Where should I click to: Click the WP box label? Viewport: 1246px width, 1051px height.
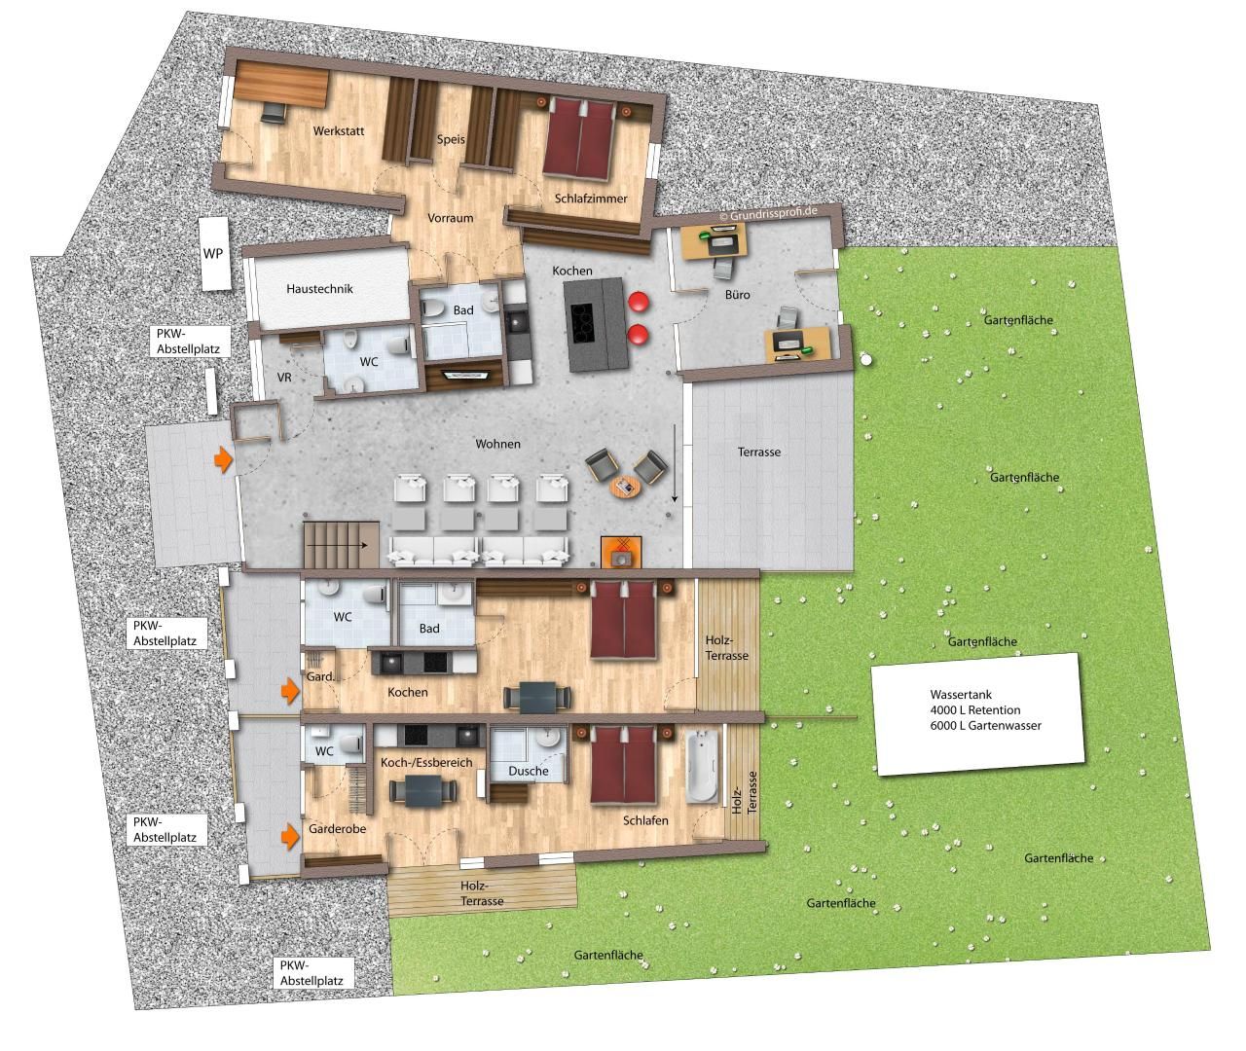(213, 253)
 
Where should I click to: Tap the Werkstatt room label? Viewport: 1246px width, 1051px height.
(339, 130)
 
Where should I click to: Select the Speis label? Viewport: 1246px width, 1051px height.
(451, 139)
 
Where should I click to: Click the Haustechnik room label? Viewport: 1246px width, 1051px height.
(319, 289)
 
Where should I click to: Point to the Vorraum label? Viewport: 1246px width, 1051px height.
(451, 218)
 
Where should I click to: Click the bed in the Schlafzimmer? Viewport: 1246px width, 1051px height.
(579, 139)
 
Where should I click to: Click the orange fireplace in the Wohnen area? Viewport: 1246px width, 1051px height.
(621, 553)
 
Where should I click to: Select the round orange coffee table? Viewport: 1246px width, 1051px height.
(625, 488)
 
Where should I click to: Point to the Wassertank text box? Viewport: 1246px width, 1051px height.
(978, 713)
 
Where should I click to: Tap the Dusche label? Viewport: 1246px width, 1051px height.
(529, 771)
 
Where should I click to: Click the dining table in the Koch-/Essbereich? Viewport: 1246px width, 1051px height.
(423, 791)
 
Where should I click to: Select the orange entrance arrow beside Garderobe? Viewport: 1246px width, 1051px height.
(290, 836)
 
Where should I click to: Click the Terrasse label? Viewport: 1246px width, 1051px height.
(759, 452)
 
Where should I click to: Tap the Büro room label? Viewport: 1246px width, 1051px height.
(738, 294)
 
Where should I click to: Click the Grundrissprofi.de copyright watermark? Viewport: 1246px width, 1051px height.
(768, 213)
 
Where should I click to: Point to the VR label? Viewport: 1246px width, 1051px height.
(284, 377)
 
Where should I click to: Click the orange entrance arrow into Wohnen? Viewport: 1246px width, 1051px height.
(224, 459)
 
